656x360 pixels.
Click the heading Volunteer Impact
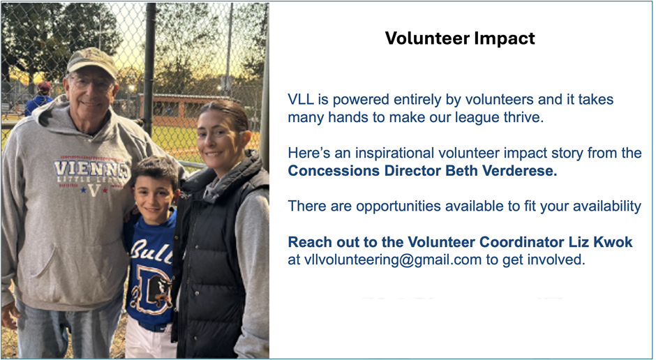460,38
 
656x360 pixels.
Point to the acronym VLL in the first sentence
301,100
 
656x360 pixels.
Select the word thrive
523,117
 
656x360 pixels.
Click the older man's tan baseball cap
91,61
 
